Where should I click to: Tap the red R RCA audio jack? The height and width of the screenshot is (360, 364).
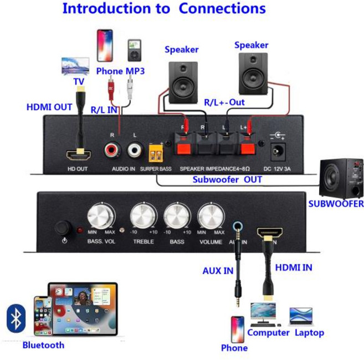click(x=114, y=150)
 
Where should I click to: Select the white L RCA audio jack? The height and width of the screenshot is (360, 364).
click(x=135, y=150)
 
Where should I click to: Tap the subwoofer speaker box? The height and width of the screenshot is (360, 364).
click(x=342, y=179)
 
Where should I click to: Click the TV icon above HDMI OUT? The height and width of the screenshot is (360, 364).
click(x=75, y=65)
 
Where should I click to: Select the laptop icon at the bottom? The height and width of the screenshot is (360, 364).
click(x=301, y=316)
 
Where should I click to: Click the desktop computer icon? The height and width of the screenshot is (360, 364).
click(x=263, y=314)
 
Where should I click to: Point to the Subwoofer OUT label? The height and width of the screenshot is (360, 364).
click(x=227, y=180)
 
